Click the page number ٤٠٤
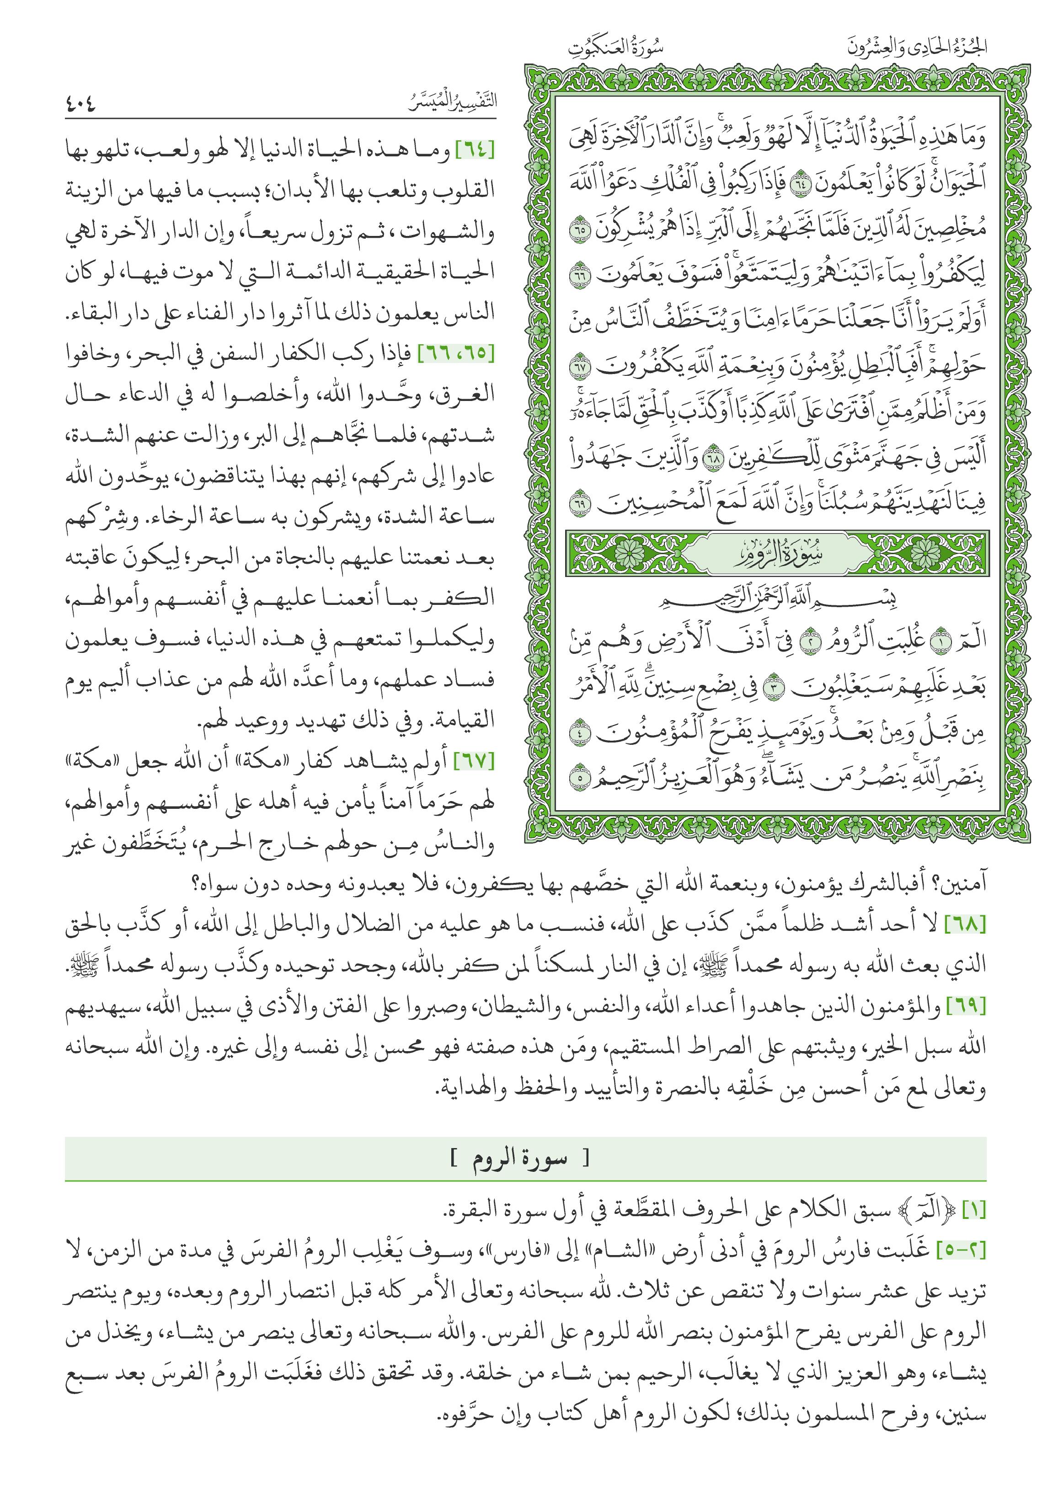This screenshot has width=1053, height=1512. tap(80, 103)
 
